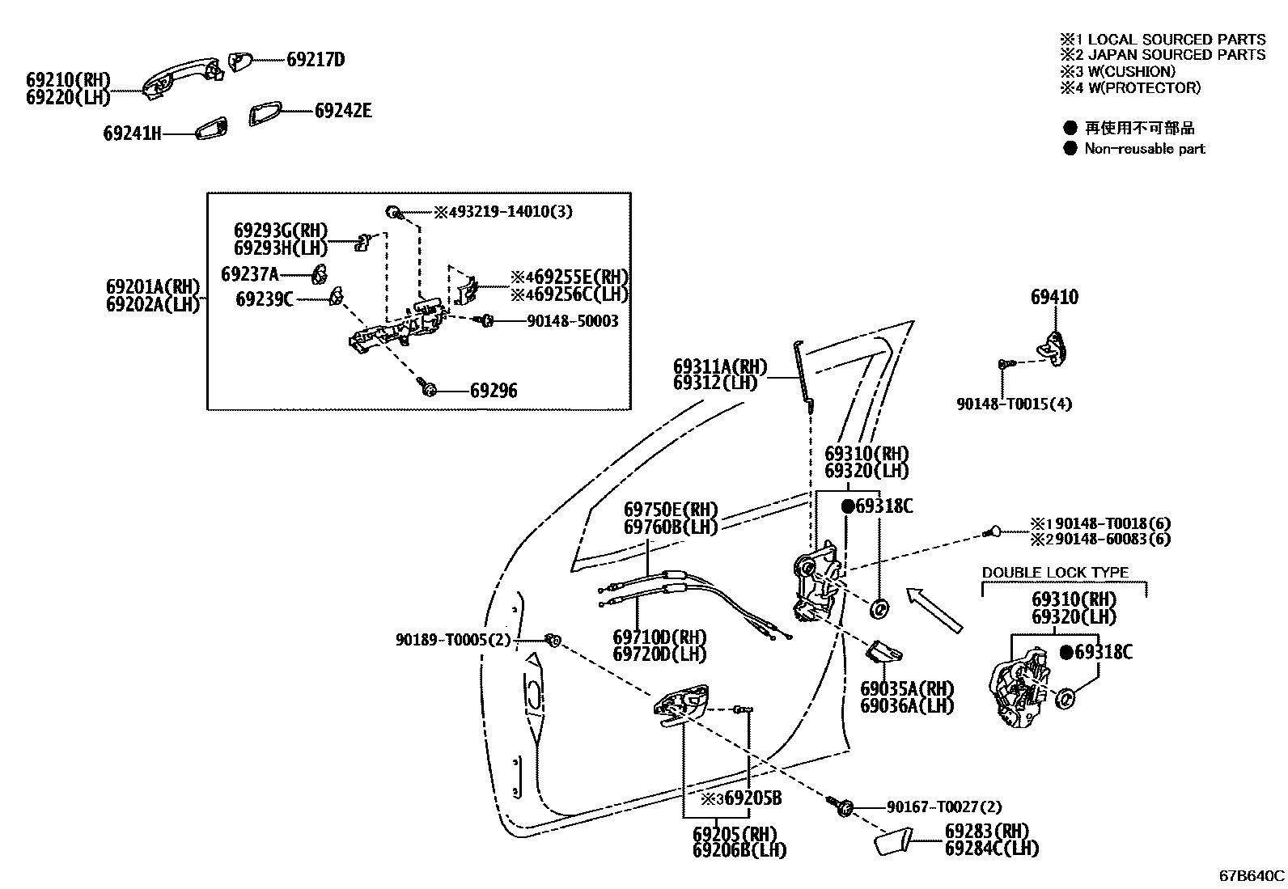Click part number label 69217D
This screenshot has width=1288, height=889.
[316, 60]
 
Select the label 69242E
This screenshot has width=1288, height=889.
[343, 111]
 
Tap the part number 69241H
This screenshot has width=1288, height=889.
[132, 133]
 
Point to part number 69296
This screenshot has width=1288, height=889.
[494, 392]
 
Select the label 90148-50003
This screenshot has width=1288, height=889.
[572, 321]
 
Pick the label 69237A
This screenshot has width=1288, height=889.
[249, 274]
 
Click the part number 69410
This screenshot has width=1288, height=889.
[1054, 298]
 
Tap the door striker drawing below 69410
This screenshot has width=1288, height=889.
[1053, 345]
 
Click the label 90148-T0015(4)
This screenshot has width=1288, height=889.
[1014, 404]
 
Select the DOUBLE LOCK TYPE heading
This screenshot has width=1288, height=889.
[1055, 573]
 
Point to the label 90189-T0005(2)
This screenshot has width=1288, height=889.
[453, 640]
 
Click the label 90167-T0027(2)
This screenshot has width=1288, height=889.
[943, 806]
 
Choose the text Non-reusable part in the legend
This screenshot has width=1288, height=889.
[1144, 149]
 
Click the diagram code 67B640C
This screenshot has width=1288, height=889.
[1252, 875]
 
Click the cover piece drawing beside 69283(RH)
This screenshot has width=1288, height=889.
[893, 842]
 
